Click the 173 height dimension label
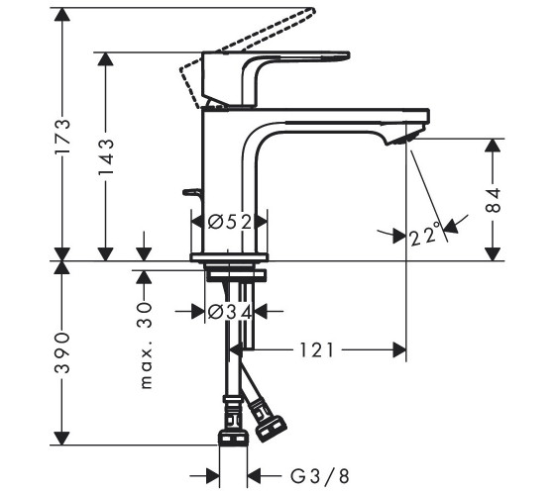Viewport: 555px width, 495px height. (x=62, y=136)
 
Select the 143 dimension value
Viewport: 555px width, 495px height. (x=106, y=156)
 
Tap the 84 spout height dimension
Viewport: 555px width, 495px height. (x=493, y=200)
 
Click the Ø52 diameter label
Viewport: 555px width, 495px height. (x=230, y=222)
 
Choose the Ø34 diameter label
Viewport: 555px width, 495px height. (x=230, y=312)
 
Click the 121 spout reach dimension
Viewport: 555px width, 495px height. (x=316, y=350)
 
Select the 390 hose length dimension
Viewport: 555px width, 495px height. (x=62, y=352)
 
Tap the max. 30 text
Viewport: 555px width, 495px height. (x=146, y=346)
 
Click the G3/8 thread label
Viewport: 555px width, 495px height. (x=320, y=476)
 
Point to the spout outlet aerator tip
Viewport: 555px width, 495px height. (x=403, y=139)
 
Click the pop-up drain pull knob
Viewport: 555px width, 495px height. (x=191, y=192)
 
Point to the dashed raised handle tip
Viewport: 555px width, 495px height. (x=310, y=10)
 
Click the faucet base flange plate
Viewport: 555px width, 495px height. (x=229, y=257)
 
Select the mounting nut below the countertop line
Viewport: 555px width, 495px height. (x=236, y=276)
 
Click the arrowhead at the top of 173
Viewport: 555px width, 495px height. (x=62, y=14)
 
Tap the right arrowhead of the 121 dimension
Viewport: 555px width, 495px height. (x=399, y=350)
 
